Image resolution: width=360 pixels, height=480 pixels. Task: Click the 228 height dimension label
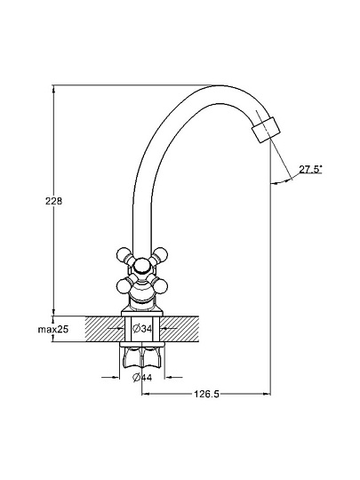53,201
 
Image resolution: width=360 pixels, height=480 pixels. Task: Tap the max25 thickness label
53,330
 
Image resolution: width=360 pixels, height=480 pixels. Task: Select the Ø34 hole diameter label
142,329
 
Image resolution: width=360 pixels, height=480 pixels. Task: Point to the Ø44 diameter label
142,378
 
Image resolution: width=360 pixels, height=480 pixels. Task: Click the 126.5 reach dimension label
206,394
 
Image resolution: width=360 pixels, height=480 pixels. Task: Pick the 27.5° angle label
310,169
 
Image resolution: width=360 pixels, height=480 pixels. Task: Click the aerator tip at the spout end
266,130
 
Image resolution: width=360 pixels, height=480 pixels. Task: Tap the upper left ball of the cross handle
124,254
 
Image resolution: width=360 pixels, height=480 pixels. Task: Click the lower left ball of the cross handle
124,285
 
